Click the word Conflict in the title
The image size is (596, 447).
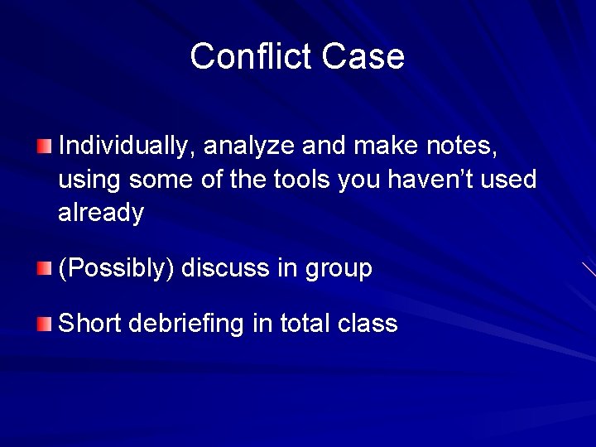click(x=251, y=57)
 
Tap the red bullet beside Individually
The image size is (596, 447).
click(x=44, y=147)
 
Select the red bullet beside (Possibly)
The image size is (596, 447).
click(x=44, y=268)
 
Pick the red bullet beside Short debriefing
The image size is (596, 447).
click(x=44, y=324)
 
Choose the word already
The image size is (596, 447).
click(x=101, y=214)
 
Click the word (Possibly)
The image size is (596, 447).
click(x=115, y=269)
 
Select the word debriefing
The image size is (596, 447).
click(x=188, y=324)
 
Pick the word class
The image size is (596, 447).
click(x=368, y=323)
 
